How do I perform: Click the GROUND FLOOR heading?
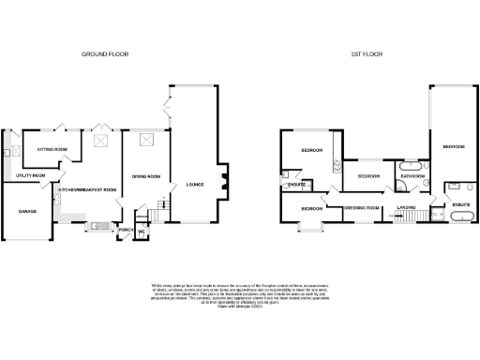[104, 54]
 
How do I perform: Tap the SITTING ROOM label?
[51, 149]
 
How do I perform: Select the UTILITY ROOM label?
[31, 175]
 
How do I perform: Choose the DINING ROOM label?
[146, 175]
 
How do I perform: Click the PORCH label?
[125, 228]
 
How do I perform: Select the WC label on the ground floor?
[142, 232]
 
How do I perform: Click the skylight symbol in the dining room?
[146, 141]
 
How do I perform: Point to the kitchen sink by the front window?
[97, 225]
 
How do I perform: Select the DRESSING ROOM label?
[361, 206]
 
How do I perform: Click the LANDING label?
[406, 206]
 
